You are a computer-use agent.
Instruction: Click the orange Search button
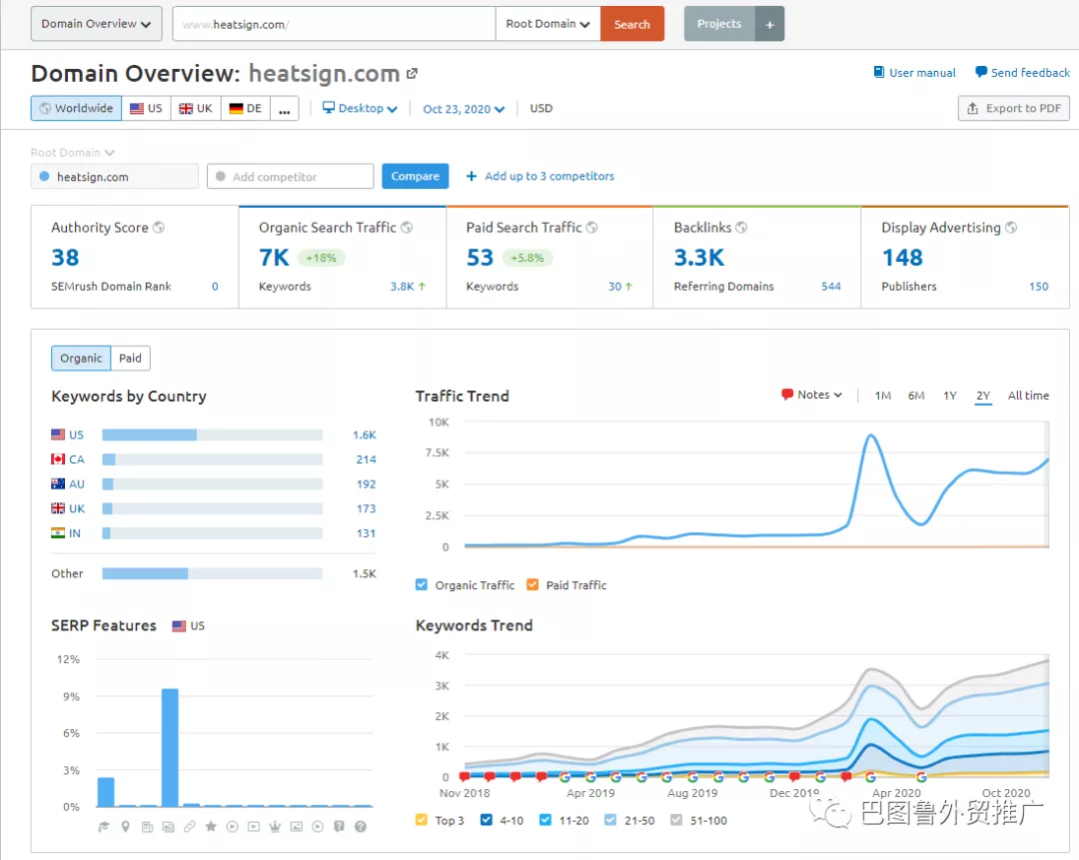(x=631, y=24)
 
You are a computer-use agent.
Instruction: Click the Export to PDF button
(x=1013, y=109)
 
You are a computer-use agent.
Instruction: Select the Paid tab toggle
(x=130, y=359)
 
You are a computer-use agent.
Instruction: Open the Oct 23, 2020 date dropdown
(x=464, y=109)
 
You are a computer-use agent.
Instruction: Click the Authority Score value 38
(x=65, y=258)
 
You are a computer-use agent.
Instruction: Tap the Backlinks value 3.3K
(x=698, y=258)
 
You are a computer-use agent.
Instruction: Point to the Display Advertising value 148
(x=902, y=258)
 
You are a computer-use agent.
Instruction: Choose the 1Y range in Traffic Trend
(x=950, y=396)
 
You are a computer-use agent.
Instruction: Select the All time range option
(x=1028, y=396)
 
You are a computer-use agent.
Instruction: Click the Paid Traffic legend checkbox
(x=533, y=585)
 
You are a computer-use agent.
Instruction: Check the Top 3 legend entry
(x=422, y=820)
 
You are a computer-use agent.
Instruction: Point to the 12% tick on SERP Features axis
(x=68, y=659)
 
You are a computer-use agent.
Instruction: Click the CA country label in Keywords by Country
(x=77, y=459)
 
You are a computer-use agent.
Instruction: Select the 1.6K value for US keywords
(x=364, y=434)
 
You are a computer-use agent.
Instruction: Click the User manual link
(x=922, y=73)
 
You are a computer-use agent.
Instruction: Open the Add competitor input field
(x=291, y=177)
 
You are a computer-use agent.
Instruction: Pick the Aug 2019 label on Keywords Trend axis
(x=692, y=793)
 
